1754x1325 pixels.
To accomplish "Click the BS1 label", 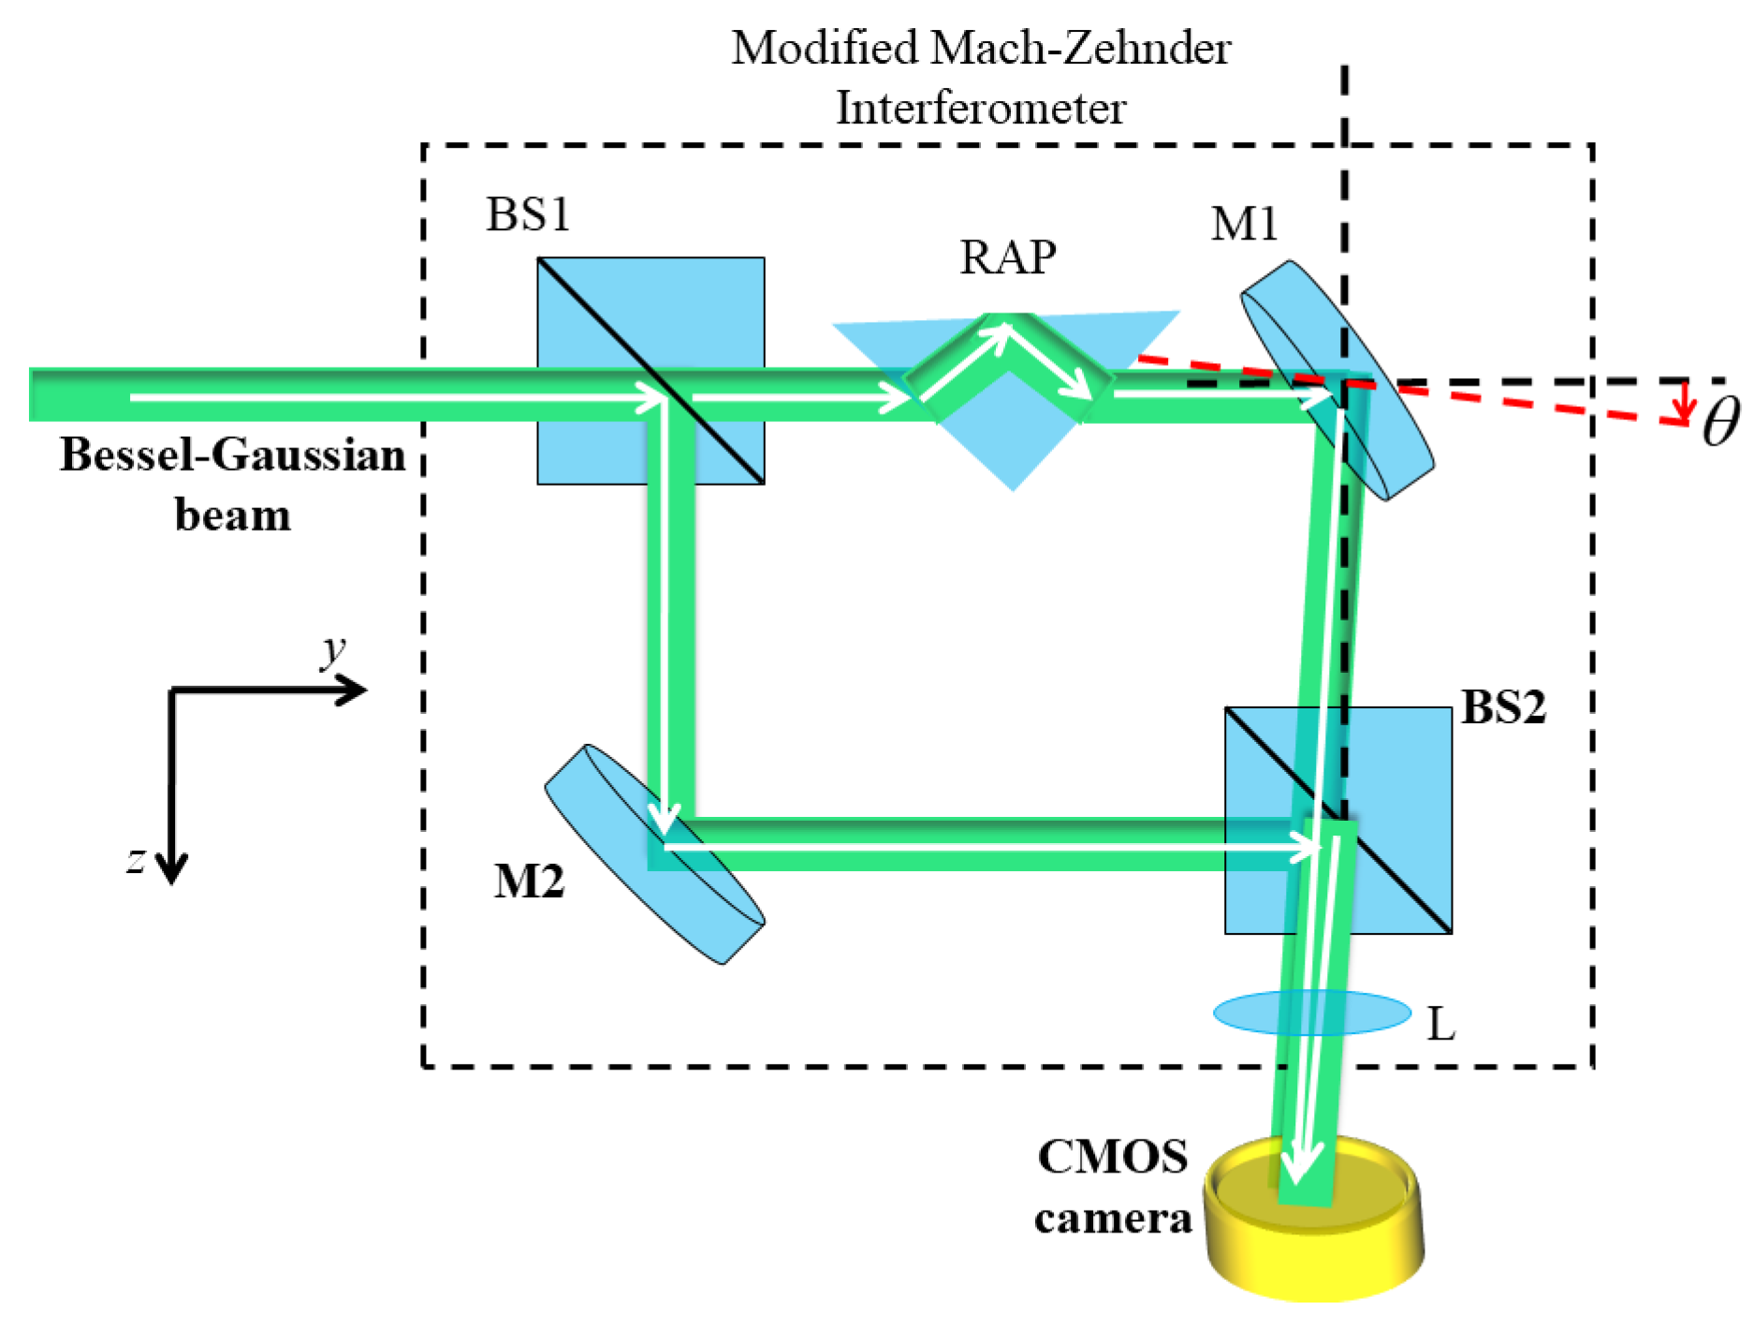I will [x=528, y=214].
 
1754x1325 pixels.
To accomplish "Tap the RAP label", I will [x=1008, y=256].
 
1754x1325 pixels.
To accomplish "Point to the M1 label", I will [x=1244, y=224].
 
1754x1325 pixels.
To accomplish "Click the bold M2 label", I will [x=529, y=881].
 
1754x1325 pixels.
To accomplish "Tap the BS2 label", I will [x=1503, y=707].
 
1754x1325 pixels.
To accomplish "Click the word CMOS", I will [x=1113, y=1157].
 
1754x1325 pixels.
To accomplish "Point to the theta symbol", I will [x=1720, y=422].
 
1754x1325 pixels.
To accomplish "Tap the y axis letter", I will [x=332, y=650].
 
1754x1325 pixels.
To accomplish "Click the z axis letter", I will [x=137, y=859].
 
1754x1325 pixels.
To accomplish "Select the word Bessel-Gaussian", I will [x=232, y=456].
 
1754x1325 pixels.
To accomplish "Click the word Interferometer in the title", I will [x=980, y=108].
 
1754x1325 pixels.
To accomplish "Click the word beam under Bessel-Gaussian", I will [x=232, y=516].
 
